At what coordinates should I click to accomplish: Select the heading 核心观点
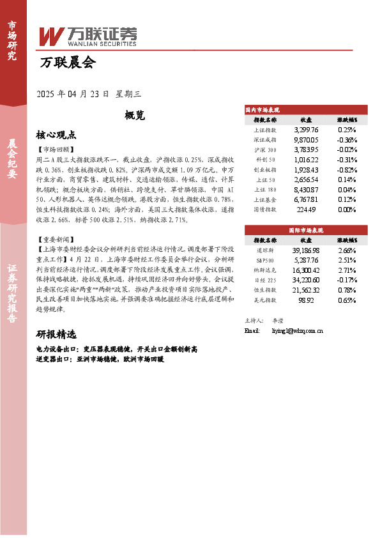[x=56, y=135]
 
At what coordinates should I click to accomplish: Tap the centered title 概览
[x=135, y=116]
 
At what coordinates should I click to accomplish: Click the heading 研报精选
[x=56, y=334]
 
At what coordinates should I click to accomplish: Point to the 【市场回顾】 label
[x=56, y=149]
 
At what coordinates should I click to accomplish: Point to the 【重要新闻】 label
[x=56, y=240]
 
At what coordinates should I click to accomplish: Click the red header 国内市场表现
[x=263, y=110]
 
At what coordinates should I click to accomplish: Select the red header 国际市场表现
[x=307, y=229]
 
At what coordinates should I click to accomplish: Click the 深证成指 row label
[x=265, y=139]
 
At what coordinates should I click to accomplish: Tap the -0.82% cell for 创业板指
[x=347, y=170]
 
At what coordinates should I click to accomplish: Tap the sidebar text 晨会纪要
[x=12, y=160]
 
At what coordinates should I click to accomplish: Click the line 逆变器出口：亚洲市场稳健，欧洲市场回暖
[x=100, y=360]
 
